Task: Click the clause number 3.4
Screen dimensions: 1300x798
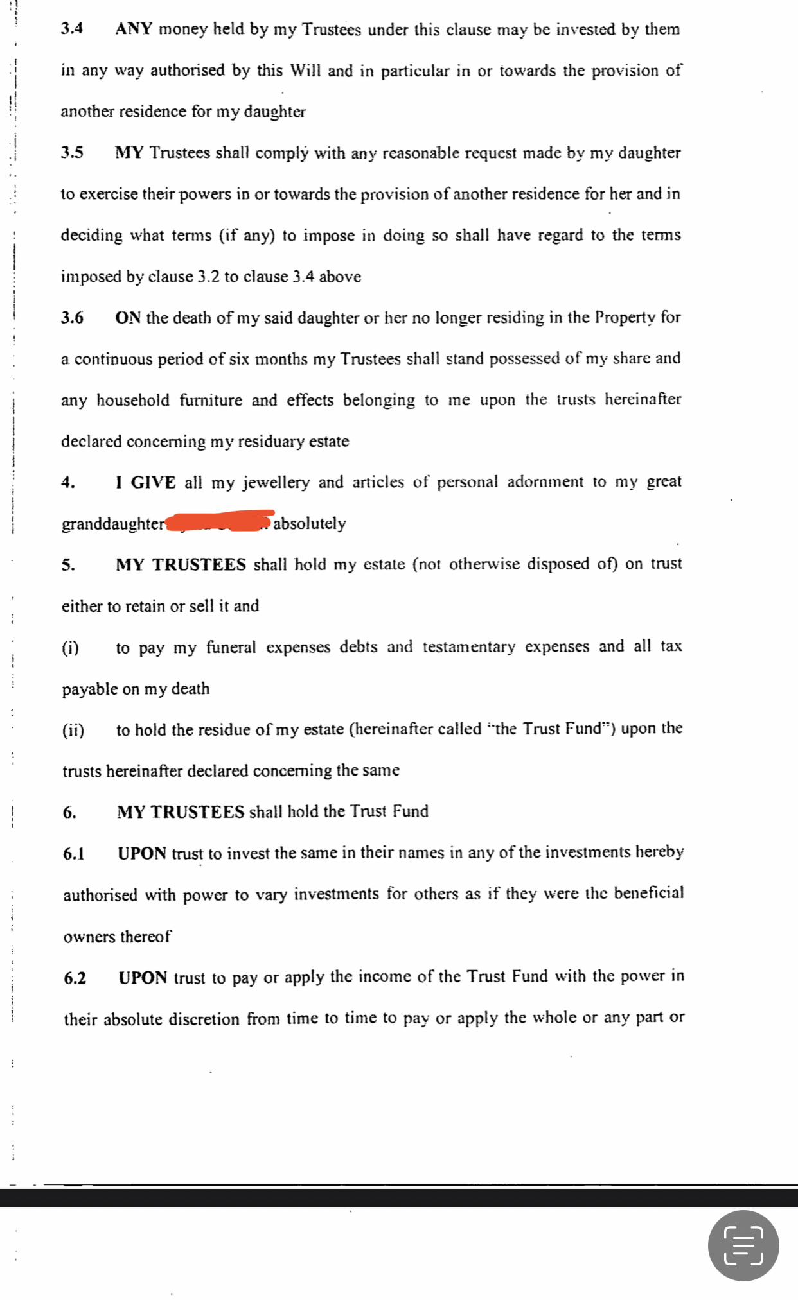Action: coord(71,29)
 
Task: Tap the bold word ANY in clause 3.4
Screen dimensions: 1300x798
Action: coord(133,29)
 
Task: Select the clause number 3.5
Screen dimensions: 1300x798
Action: coord(72,153)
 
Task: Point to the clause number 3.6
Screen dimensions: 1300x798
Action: coord(72,318)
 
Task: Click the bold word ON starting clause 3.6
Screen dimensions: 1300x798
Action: coord(128,318)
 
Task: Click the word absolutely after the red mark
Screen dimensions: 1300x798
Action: coord(310,523)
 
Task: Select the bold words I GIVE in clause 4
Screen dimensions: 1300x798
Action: coord(146,482)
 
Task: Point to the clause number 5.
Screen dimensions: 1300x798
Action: coord(67,565)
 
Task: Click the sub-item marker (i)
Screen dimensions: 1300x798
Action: coord(71,648)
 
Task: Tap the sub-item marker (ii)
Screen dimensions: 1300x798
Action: coord(73,730)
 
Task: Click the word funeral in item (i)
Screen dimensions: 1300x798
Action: coord(231,647)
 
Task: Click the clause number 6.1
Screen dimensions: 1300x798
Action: coord(74,853)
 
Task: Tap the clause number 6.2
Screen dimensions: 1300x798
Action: coord(75,978)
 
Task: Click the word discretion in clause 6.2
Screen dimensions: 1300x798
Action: coord(204,1019)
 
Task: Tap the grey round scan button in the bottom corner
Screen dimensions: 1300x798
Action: coord(743,1245)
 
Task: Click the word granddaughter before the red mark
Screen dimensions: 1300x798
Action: coord(113,524)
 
